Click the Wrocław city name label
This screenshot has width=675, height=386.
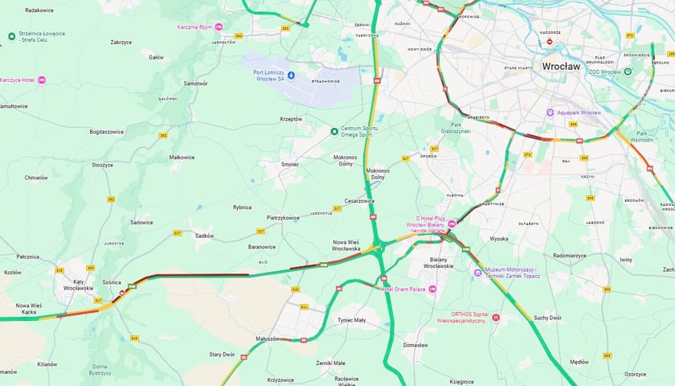click(x=562, y=66)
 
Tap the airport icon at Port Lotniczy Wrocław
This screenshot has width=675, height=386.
click(x=292, y=76)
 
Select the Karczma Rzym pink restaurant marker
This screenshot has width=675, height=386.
click(x=218, y=27)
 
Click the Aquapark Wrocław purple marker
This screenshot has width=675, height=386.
click(x=550, y=113)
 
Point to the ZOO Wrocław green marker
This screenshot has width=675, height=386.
click(x=628, y=72)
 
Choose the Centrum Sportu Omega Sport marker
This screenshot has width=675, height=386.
click(x=335, y=131)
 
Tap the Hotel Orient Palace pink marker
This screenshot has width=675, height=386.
click(x=433, y=289)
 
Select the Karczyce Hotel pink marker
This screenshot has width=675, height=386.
click(x=42, y=80)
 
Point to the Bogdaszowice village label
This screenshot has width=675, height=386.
click(x=106, y=131)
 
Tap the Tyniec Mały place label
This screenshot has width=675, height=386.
click(x=351, y=319)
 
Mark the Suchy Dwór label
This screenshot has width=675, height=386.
click(x=547, y=318)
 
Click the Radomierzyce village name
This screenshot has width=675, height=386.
click(x=570, y=256)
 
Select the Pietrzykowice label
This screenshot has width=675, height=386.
click(x=283, y=217)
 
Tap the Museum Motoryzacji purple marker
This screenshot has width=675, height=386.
click(x=478, y=273)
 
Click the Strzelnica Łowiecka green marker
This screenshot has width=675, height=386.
click(x=11, y=36)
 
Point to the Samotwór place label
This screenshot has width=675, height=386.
click(x=195, y=84)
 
